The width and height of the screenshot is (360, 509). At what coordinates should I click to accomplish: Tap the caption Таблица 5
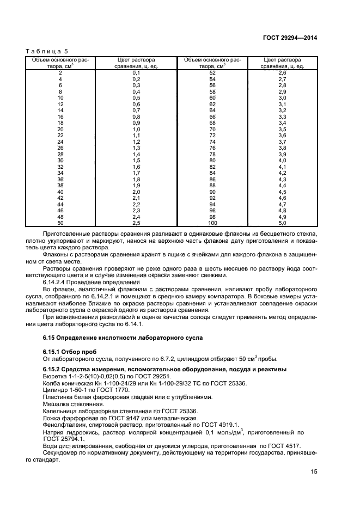click(x=44, y=51)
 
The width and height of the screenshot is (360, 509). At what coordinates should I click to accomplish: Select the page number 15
click(x=314, y=471)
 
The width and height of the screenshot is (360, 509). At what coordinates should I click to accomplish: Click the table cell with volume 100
click(x=212, y=222)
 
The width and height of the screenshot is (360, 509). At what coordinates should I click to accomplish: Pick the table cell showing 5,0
click(x=282, y=222)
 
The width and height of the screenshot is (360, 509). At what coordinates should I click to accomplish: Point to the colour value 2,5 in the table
click(x=136, y=222)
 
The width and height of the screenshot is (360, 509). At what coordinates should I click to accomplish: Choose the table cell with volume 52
click(x=212, y=72)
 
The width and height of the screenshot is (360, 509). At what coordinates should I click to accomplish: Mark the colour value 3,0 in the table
click(x=282, y=97)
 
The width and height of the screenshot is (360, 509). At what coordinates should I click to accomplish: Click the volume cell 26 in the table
click(x=60, y=148)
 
